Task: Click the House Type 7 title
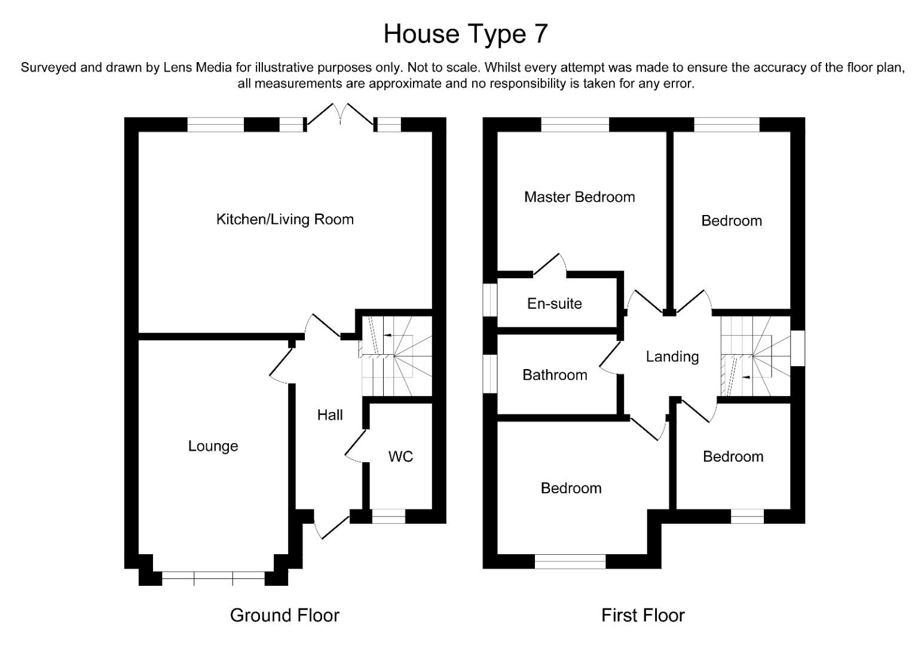(x=466, y=34)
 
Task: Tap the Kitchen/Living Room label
(x=285, y=220)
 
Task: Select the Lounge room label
(x=213, y=446)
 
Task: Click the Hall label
(x=330, y=415)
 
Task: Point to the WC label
(x=400, y=456)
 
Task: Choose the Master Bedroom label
(x=580, y=197)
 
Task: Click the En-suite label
(x=555, y=303)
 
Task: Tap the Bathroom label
(x=555, y=374)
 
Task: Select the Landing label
(x=672, y=357)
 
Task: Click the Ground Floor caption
(x=285, y=615)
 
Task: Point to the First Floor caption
(x=643, y=615)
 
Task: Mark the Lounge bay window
(x=213, y=578)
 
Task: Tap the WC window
(x=388, y=517)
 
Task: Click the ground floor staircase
(x=396, y=356)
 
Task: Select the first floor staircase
(x=755, y=356)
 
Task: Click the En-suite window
(x=489, y=300)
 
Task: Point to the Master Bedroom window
(x=575, y=124)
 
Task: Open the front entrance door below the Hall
(x=332, y=526)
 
